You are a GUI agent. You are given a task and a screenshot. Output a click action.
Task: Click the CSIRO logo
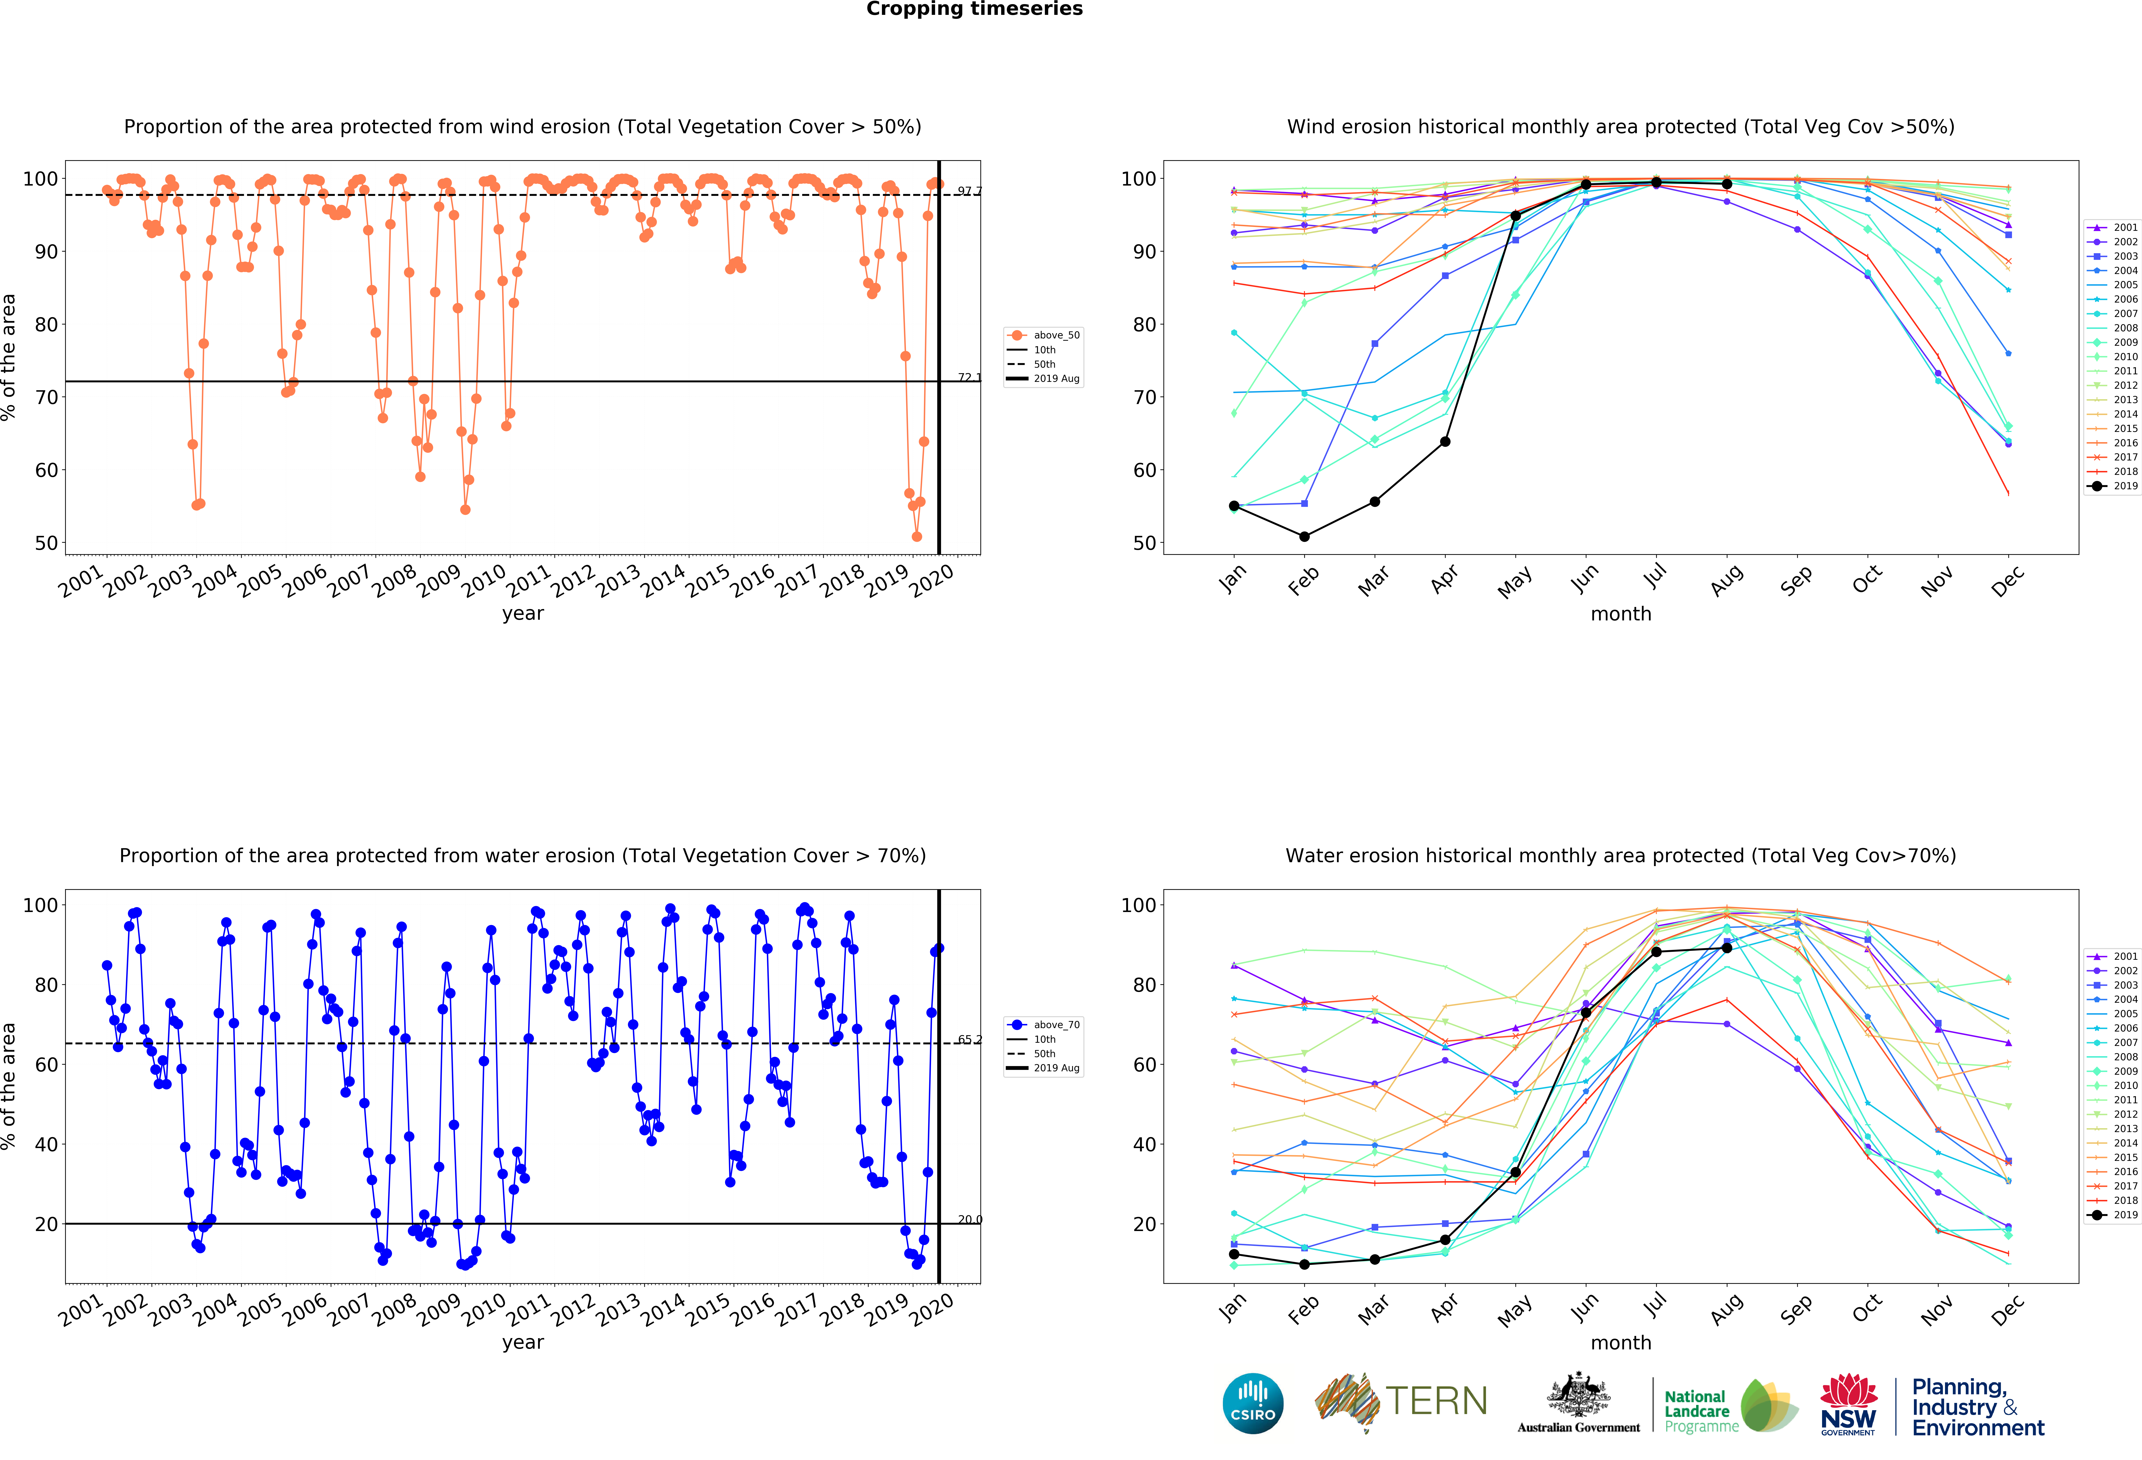[x=1253, y=1403]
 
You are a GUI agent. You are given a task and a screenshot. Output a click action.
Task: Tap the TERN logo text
[x=1436, y=1401]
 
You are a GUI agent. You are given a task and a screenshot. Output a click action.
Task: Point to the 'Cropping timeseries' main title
[x=974, y=9]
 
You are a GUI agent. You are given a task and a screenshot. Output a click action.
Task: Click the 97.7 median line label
[x=969, y=191]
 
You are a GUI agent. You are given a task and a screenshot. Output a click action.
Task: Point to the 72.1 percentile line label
[x=969, y=377]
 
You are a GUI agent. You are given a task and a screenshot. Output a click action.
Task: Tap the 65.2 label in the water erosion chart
[x=969, y=1040]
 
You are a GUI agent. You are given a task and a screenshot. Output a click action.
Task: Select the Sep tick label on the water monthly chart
[x=1796, y=1309]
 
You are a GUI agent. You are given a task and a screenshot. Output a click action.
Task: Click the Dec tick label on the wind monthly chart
[x=2007, y=581]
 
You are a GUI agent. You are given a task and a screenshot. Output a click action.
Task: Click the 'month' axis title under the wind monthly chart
[x=1620, y=614]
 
